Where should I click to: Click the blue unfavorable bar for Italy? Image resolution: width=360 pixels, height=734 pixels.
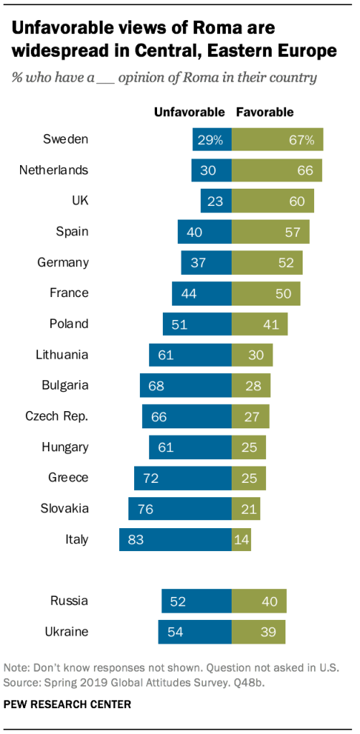tap(175, 540)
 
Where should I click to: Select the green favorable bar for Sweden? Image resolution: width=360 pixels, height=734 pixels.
tap(278, 139)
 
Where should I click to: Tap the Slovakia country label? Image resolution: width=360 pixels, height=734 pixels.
tap(65, 509)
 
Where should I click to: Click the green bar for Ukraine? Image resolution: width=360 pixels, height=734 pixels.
tap(258, 631)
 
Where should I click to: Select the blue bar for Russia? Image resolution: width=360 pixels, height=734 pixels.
tap(196, 601)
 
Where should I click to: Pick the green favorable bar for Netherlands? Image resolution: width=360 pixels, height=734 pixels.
tap(277, 170)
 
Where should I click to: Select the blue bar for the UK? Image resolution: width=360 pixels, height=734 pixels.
tap(216, 201)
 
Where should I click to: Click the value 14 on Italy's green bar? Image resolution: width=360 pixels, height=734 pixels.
tap(242, 540)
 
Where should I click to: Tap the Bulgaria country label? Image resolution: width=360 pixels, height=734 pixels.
tap(65, 385)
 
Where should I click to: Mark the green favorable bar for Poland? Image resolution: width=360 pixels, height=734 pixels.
tap(260, 324)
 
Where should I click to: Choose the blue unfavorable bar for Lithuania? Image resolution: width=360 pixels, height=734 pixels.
tap(190, 354)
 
